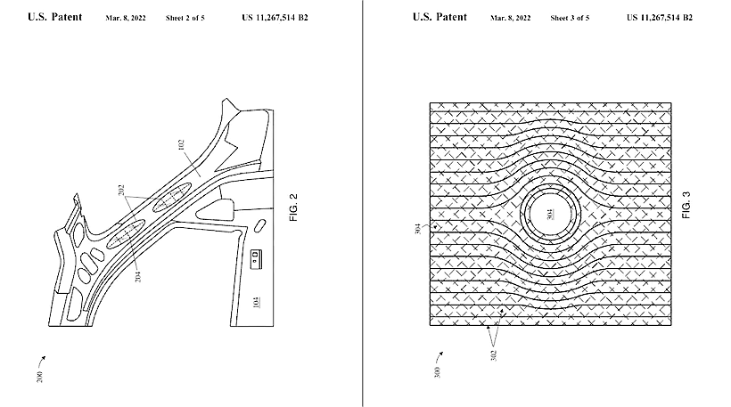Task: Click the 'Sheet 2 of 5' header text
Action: pos(185,18)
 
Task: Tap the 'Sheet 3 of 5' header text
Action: pos(570,18)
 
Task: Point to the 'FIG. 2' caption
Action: pos(293,208)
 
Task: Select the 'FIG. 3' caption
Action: pos(686,205)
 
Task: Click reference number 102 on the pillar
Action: pos(181,144)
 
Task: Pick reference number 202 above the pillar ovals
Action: pos(121,191)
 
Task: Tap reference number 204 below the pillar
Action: pos(137,276)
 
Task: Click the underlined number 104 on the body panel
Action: pos(256,302)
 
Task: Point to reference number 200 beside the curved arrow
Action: pos(39,377)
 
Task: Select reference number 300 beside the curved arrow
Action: pos(437,372)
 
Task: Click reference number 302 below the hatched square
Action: pos(494,355)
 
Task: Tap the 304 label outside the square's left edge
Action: pos(418,229)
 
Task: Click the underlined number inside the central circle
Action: pos(551,215)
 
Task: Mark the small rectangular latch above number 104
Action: pos(257,259)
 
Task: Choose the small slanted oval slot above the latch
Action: pos(259,225)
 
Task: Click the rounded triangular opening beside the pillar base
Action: pos(217,209)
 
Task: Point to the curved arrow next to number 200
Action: pos(42,360)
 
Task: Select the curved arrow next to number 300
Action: pos(439,356)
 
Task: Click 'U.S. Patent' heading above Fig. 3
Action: pos(439,17)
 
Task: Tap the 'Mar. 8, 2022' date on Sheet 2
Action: pos(126,18)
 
